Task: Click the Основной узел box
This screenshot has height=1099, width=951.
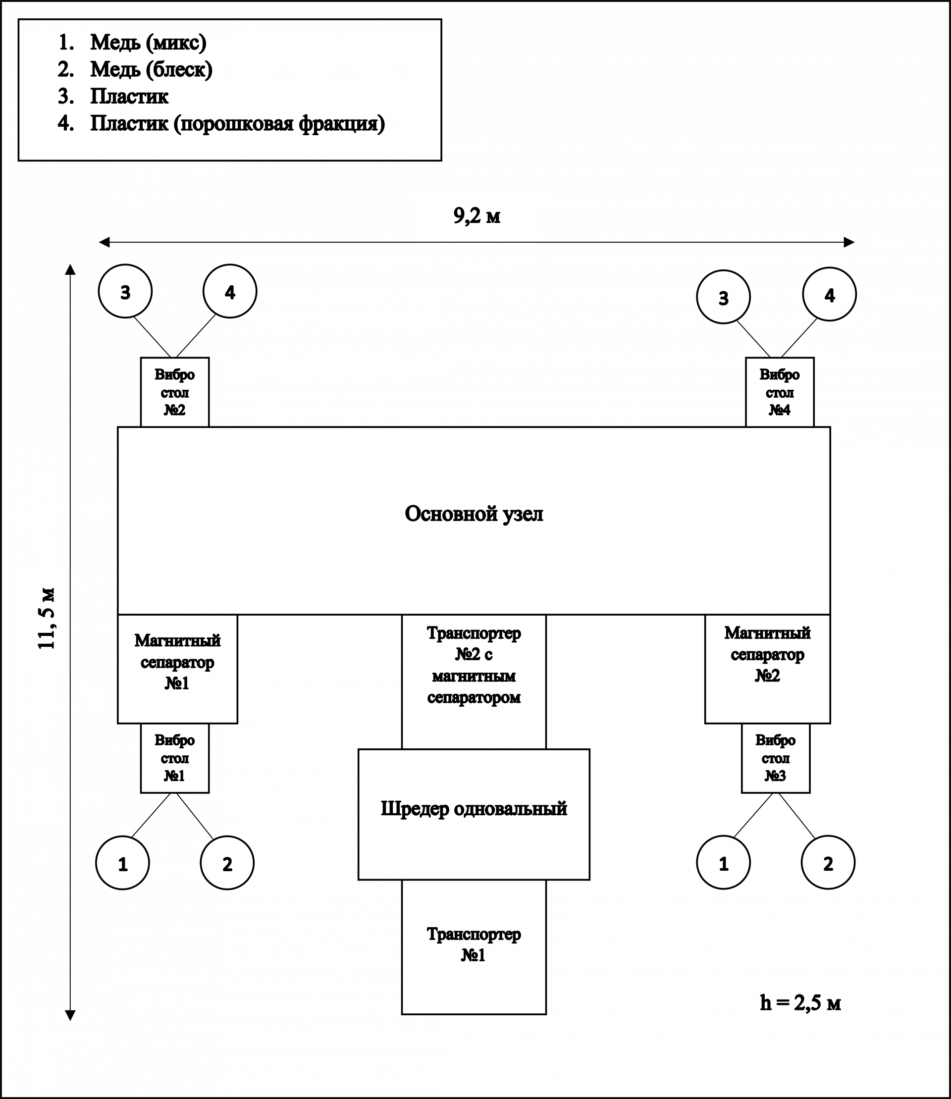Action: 474,521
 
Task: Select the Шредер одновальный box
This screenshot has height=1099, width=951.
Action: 474,814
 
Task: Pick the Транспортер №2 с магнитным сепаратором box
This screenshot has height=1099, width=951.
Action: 474,681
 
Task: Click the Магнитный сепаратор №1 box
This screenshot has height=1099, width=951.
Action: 177,669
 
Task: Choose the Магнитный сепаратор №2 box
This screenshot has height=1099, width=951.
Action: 767,669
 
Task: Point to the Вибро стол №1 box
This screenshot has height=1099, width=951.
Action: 174,758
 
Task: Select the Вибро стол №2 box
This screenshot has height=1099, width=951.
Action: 174,392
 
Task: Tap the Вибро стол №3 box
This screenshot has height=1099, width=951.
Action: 775,758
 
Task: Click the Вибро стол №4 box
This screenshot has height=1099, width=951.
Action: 780,392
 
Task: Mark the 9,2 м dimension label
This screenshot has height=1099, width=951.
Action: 476,217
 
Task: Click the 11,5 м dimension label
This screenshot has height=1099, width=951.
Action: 44,619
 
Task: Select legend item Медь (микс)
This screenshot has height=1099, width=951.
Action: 148,43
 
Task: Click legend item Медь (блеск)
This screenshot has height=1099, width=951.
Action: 151,69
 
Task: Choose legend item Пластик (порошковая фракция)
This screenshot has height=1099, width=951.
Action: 237,124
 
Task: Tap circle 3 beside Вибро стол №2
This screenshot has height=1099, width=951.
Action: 125,291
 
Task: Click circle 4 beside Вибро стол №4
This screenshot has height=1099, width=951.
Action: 830,294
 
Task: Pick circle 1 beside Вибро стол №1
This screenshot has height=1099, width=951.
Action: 123,863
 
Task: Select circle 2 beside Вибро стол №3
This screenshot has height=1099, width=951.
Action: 828,862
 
